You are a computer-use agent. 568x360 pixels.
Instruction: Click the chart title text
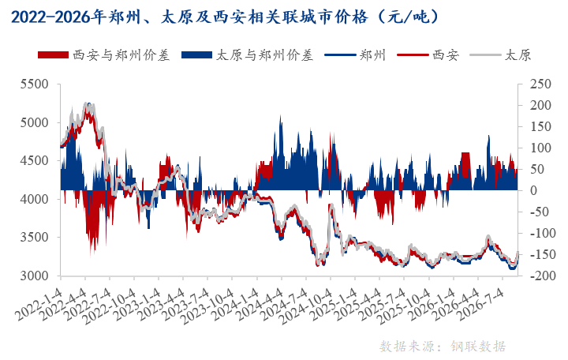pos(225,17)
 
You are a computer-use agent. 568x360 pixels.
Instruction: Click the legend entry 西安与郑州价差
pos(104,55)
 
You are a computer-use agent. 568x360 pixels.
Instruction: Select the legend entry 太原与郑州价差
pos(248,55)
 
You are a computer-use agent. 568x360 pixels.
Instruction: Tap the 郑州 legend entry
pos(355,55)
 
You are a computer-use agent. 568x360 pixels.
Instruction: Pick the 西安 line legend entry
pos(428,55)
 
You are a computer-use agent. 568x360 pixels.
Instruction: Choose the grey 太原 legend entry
pos(500,55)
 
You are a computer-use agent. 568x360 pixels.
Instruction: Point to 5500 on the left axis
pos(35,84)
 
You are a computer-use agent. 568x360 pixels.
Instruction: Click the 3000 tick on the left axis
pos(35,276)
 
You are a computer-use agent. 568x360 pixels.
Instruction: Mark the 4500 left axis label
pos(35,160)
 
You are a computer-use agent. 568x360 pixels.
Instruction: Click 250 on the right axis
pos(540,84)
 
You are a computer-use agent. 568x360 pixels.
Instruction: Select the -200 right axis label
pos(540,276)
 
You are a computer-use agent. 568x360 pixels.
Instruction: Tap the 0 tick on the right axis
pos(533,190)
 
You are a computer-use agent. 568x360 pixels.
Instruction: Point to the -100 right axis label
pos(540,233)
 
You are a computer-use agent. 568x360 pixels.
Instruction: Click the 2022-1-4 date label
pos(39,304)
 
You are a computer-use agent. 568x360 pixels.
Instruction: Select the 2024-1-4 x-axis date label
pos(235,304)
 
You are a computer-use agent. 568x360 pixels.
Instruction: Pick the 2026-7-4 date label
pos(480,304)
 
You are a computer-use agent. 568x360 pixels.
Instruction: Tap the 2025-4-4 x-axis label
pos(357,304)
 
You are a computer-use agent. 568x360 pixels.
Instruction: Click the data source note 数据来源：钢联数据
pos(443,347)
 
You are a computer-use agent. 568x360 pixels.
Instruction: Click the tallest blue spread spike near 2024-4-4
pos(280,116)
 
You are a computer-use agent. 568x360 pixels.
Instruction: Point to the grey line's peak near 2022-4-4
pos(87,104)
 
